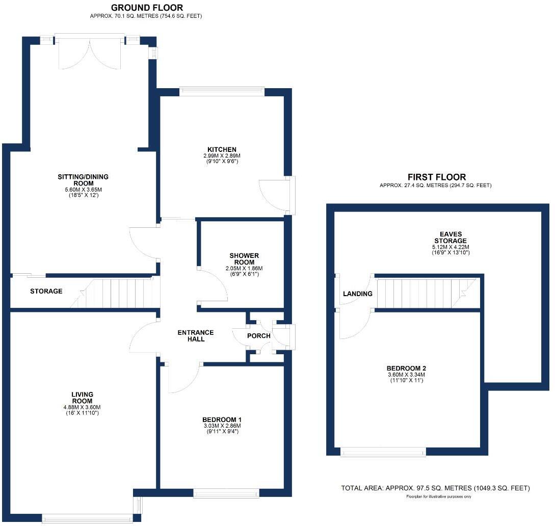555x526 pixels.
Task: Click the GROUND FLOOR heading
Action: [x=147, y=8]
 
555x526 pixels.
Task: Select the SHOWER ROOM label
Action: [x=244, y=259]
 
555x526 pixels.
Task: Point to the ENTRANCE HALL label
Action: [x=196, y=336]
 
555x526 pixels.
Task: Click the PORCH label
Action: [x=258, y=336]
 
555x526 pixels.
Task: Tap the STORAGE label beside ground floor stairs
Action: [x=46, y=292]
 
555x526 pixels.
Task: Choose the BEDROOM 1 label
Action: [x=222, y=420]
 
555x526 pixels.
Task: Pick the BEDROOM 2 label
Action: [x=406, y=368]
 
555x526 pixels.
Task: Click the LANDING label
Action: [x=357, y=294]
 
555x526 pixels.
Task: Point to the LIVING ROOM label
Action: [x=83, y=398]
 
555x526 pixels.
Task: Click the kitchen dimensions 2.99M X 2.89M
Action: [x=221, y=156]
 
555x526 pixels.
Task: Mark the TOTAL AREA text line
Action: [x=435, y=488]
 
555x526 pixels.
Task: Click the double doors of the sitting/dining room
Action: [x=90, y=54]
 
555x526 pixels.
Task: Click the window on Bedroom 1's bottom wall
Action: [x=226, y=493]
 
